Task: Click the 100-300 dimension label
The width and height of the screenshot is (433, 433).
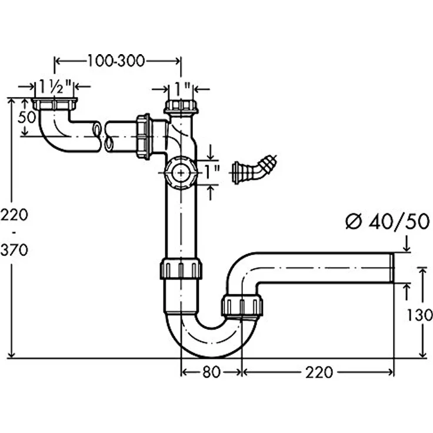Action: tap(116, 61)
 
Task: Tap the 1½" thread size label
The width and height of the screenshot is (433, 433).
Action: tap(55, 86)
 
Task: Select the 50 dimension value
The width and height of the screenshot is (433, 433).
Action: tap(27, 117)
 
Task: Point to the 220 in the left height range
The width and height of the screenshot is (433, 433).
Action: tap(14, 215)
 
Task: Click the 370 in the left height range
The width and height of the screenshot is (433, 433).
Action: tap(14, 251)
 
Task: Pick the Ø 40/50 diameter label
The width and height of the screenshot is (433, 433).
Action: tap(388, 221)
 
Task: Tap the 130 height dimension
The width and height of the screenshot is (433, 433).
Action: tap(419, 315)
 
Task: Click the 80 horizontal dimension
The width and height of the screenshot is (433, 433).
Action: tap(211, 372)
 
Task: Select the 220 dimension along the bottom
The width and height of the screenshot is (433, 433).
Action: tap(319, 372)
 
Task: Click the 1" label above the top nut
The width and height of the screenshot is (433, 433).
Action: tap(182, 89)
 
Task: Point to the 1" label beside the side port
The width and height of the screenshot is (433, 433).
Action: tap(212, 172)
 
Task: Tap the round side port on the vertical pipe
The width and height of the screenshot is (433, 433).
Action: tap(181, 173)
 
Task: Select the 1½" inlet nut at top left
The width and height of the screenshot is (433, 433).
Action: tap(55, 104)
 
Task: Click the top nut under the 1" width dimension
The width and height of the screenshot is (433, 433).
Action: tap(181, 107)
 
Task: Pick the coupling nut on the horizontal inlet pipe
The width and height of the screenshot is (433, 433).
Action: tap(144, 136)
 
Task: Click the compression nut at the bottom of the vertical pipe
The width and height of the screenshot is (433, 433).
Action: tap(181, 268)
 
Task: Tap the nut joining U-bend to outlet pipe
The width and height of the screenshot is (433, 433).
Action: tap(242, 305)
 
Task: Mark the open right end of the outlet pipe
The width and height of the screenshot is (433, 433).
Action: tap(392, 268)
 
